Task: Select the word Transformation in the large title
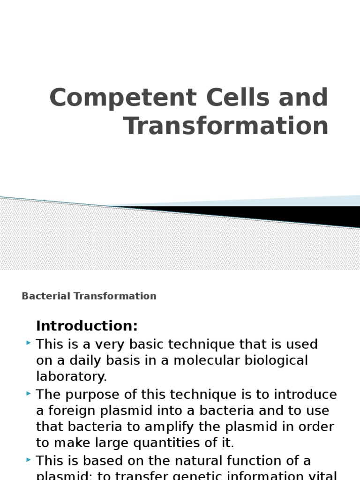coord(226,126)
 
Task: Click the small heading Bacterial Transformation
coord(89,296)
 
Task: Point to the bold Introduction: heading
coord(87,326)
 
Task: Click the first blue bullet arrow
coord(29,344)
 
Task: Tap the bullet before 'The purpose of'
coord(29,393)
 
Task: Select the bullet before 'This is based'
coord(29,460)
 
